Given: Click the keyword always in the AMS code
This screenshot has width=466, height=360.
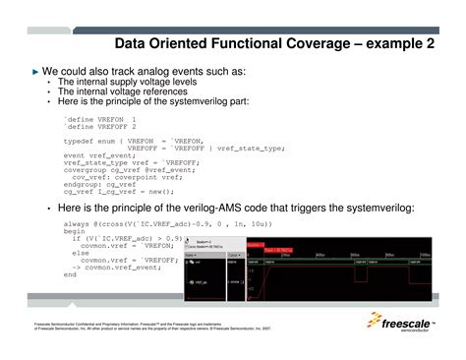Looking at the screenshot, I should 77,224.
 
